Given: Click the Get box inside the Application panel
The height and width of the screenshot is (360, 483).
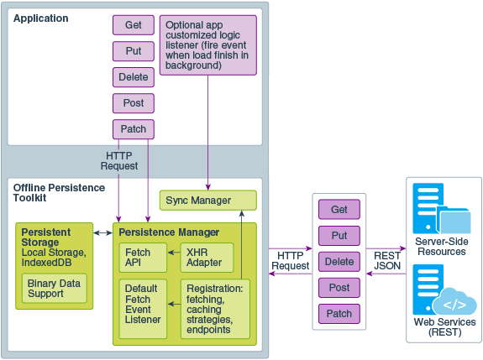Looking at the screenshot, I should (134, 25).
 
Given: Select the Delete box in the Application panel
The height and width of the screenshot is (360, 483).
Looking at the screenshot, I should (134, 77).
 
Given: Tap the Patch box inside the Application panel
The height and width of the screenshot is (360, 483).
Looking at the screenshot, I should (134, 129).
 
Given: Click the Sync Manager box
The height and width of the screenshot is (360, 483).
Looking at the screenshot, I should (207, 201).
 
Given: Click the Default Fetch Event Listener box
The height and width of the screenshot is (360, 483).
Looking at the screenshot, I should (144, 309).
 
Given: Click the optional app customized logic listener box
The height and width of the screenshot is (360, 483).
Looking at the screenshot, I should (207, 44).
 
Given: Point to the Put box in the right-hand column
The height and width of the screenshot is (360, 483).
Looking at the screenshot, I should (339, 236).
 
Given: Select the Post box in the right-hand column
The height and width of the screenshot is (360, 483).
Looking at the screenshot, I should (339, 288).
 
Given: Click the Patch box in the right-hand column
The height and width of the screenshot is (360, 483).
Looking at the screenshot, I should (339, 314).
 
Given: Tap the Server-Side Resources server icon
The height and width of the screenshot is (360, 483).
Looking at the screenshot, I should (428, 206).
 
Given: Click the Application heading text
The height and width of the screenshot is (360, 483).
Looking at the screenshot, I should (41, 18).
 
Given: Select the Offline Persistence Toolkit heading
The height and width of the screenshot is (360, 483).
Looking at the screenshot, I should (60, 193).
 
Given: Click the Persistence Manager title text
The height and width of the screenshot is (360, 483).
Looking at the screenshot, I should (169, 232).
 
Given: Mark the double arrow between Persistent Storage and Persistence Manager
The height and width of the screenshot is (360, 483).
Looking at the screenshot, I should (103, 232).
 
